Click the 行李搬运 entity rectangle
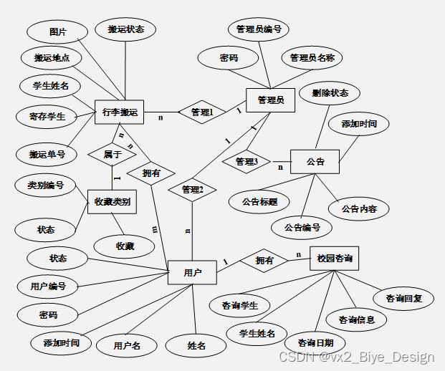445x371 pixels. (120, 112)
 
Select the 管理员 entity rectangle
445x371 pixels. (270, 100)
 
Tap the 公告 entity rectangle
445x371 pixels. (315, 161)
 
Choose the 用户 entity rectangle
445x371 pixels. (192, 272)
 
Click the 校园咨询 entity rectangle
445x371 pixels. (333, 258)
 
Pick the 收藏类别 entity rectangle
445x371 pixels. (112, 202)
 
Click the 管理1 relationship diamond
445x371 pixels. (201, 112)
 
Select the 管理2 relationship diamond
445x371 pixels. (192, 190)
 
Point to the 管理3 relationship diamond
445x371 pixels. (245, 162)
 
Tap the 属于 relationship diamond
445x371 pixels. (112, 153)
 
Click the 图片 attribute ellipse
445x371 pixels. (58, 32)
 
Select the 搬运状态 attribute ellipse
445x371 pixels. (126, 29)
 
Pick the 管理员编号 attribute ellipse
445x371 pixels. (258, 29)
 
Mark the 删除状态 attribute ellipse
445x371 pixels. (330, 93)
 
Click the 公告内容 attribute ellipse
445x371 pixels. (358, 209)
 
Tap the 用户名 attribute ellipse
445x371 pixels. (126, 345)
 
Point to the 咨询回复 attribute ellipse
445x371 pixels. (403, 298)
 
